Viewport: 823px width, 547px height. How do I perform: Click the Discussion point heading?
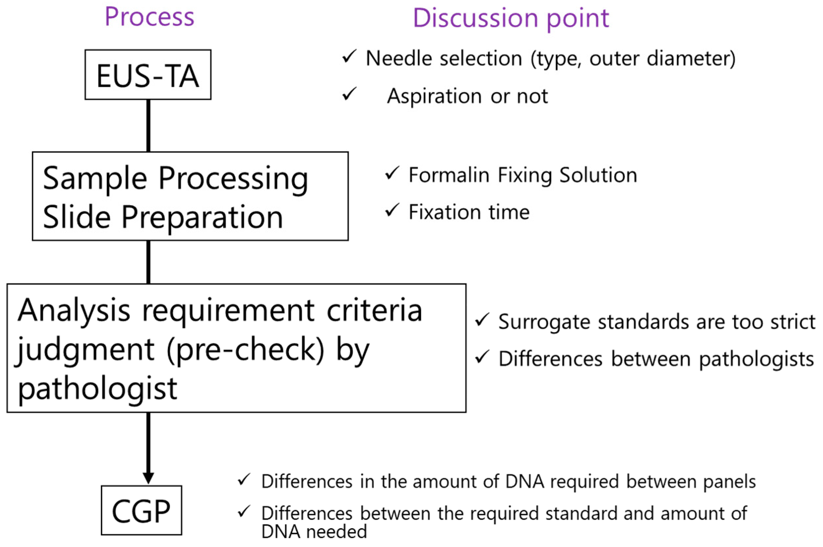coord(510,18)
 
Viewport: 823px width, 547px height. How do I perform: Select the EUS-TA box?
coord(148,75)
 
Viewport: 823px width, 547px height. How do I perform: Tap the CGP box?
coord(141,511)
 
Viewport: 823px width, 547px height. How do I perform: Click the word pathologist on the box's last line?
coord(97,388)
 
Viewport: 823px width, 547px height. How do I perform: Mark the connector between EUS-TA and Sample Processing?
coord(148,126)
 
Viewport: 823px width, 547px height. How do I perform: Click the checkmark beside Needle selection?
coord(349,56)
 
